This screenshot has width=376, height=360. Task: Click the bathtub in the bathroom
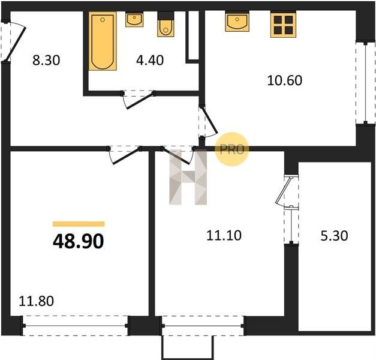[x=103, y=41]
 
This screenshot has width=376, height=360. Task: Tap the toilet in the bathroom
[x=166, y=25]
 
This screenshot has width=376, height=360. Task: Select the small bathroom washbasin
[x=134, y=20]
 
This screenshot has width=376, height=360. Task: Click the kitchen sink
[x=237, y=22]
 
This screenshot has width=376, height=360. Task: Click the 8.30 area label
[x=46, y=60]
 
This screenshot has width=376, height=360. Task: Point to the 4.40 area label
[x=150, y=60]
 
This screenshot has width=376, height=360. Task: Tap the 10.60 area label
[x=285, y=80]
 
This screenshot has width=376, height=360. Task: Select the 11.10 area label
[x=224, y=235]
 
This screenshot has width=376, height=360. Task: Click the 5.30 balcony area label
[x=334, y=236]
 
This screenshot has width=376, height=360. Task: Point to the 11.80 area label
[x=36, y=301]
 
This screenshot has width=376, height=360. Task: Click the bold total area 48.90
[x=79, y=241]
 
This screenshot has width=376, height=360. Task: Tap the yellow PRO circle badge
[x=232, y=149]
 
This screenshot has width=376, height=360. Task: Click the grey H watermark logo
[x=188, y=177]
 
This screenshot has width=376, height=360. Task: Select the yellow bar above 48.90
[x=79, y=224]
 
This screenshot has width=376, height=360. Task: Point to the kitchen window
[x=365, y=83]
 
